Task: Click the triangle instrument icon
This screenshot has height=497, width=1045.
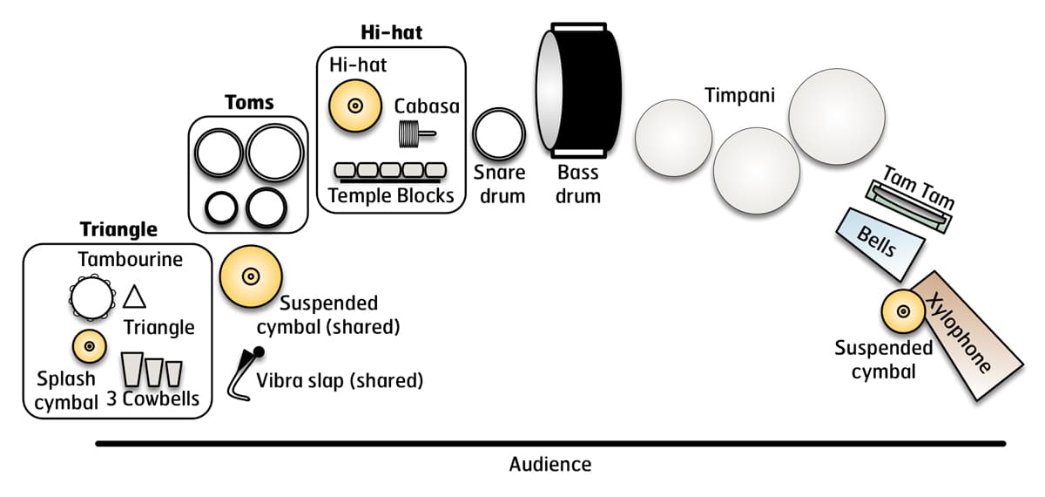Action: tap(134, 297)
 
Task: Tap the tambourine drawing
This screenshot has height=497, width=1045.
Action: tap(91, 298)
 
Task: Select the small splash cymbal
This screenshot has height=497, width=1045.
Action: tap(89, 347)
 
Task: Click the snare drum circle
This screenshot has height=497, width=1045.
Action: tap(499, 135)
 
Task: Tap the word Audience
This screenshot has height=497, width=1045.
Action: tap(549, 465)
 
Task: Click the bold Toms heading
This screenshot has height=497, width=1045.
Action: tap(249, 103)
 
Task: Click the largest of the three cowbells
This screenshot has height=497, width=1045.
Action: tap(132, 370)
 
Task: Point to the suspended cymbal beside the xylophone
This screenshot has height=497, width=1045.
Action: tap(903, 311)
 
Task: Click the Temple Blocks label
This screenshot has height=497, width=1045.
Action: tap(391, 195)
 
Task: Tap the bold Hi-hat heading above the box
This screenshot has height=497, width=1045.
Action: tap(391, 33)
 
